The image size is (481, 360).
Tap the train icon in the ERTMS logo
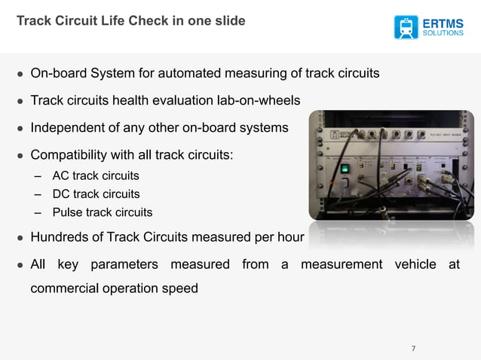[407, 27]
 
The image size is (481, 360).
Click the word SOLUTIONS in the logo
[443, 34]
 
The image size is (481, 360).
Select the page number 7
[413, 348]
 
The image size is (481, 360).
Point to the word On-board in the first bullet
[56, 74]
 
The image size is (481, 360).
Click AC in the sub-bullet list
[60, 176]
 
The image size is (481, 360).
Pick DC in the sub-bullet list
[60, 194]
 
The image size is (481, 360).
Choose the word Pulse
[66, 212]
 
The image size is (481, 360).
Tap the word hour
[290, 238]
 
